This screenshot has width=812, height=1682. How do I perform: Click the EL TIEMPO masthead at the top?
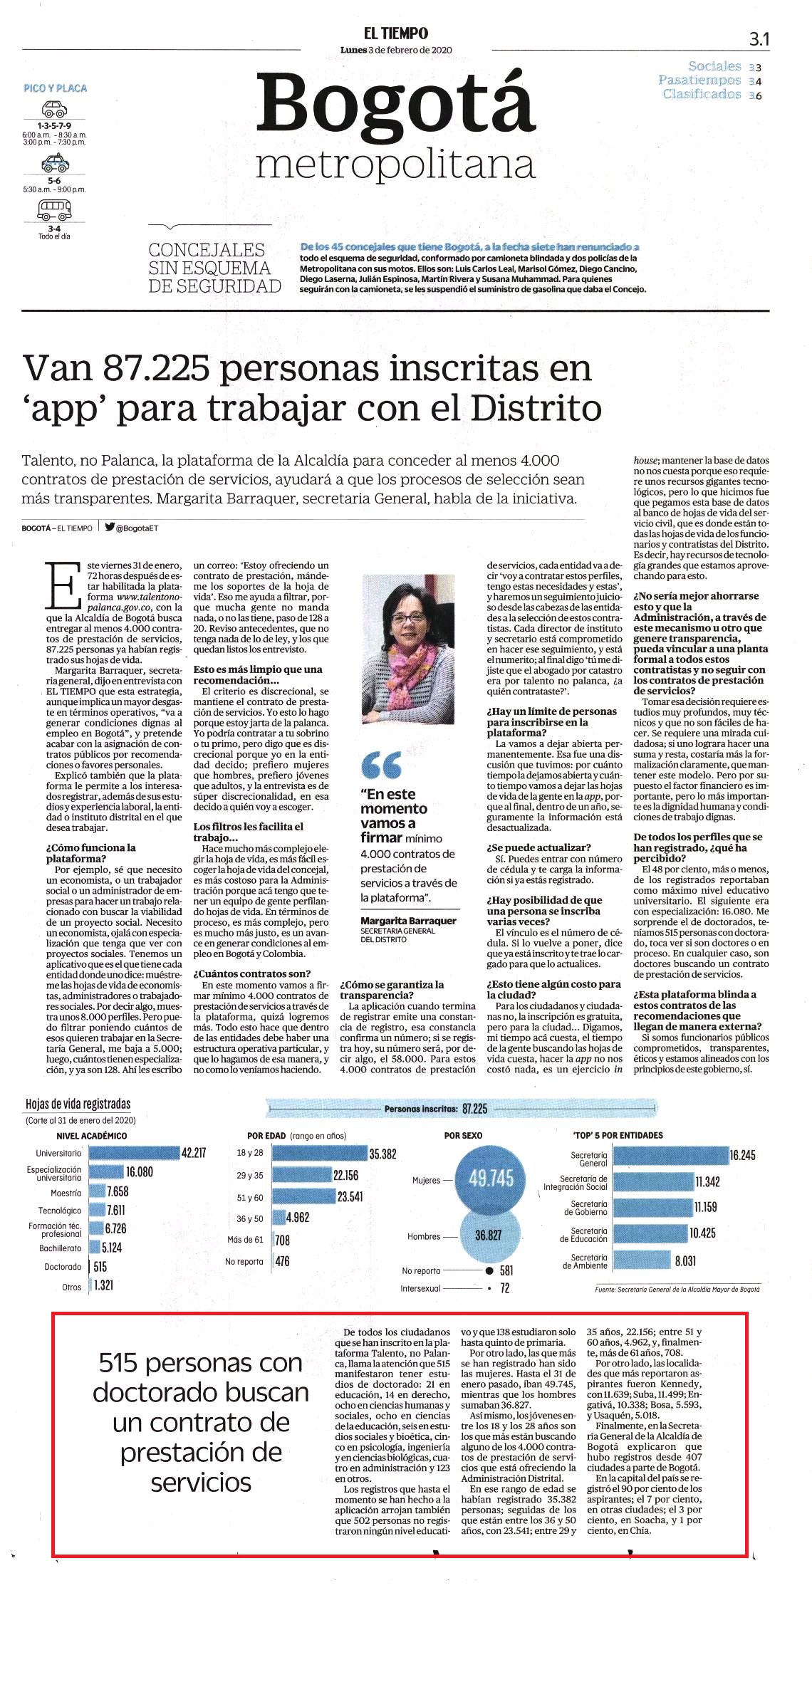396,33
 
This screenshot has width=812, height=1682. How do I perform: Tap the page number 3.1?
759,40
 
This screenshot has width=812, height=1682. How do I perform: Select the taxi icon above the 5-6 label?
55,164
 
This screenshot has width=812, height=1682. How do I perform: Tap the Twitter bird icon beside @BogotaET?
110,528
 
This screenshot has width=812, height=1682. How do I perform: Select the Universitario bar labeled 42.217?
135,1153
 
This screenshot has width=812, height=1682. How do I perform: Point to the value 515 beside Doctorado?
100,1267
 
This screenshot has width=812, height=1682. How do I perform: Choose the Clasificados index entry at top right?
702,94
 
